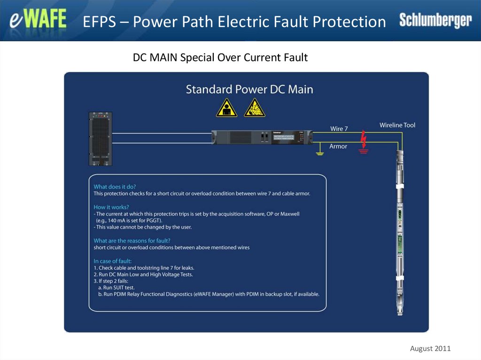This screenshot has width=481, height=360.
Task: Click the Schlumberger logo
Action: [435, 20]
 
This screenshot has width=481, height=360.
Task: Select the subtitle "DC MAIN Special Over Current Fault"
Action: [220, 57]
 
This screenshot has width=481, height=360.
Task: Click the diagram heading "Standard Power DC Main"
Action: [249, 89]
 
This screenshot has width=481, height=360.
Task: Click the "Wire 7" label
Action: [339, 129]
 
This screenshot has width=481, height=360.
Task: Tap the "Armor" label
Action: [338, 146]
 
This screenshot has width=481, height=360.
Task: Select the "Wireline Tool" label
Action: [397, 125]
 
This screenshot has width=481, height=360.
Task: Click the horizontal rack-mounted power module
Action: [262, 138]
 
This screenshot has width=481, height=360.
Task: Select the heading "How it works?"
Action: [111, 207]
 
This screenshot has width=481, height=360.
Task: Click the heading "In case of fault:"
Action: [113, 261]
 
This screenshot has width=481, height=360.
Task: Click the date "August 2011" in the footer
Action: [430, 348]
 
